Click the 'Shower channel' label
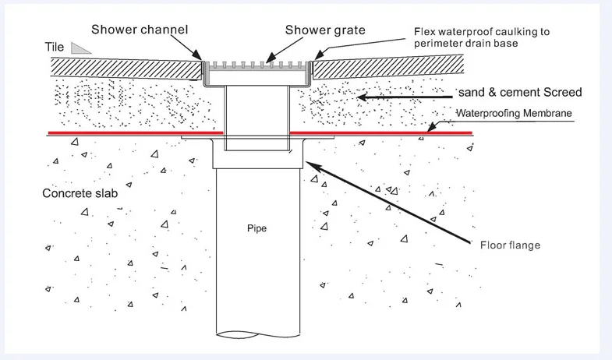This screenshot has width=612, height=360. click(140, 30)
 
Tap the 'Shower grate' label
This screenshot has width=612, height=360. click(325, 30)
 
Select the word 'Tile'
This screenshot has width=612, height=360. click(55, 48)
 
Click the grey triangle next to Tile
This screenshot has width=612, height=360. click(80, 48)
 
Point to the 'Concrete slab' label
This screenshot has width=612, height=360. click(80, 193)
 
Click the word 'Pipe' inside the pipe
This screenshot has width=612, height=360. click(256, 228)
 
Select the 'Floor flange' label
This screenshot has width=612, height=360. click(510, 245)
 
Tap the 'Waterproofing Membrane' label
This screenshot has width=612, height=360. click(514, 114)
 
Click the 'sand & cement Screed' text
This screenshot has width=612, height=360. click(520, 93)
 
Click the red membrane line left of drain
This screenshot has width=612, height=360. click(136, 133)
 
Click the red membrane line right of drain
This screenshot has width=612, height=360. click(381, 133)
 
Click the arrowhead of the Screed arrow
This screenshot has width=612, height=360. click(362, 97)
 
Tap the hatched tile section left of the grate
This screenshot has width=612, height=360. click(126, 69)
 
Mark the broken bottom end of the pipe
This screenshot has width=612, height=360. click(258, 334)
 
